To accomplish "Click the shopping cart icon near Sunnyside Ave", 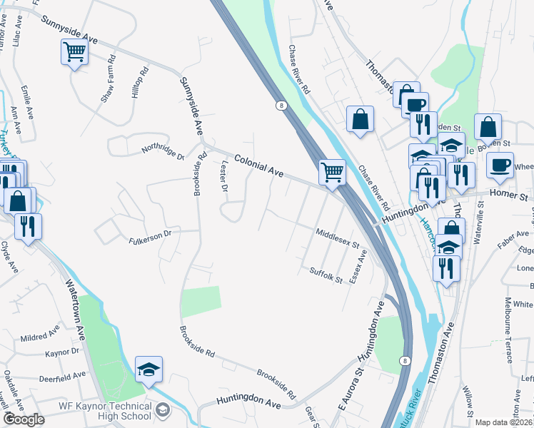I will (x=74, y=53).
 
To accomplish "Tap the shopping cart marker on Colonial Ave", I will (x=332, y=173).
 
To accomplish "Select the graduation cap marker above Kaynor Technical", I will (x=148, y=370).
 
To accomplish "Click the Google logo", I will (x=23, y=419).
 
